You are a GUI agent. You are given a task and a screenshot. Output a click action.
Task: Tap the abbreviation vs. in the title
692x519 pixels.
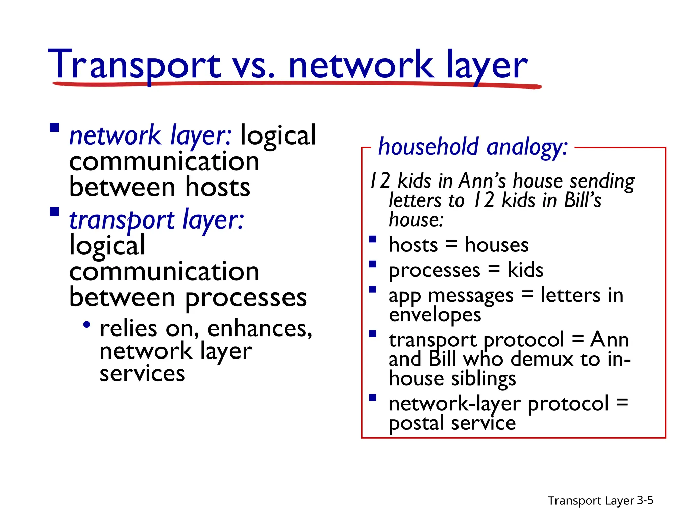pyautogui.click(x=254, y=66)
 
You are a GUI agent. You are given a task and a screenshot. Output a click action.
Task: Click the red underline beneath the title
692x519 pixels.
pyautogui.click(x=297, y=83)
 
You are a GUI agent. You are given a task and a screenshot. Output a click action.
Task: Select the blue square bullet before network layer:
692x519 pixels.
pyautogui.click(x=54, y=128)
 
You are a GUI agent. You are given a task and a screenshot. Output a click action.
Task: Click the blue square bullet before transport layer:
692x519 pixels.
pyautogui.click(x=54, y=212)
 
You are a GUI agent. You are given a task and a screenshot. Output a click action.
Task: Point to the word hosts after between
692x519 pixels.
pyautogui.click(x=218, y=188)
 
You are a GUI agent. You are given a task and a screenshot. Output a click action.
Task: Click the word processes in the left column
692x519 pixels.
pyautogui.click(x=246, y=298)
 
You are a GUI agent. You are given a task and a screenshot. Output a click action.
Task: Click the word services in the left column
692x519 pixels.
pyautogui.click(x=142, y=374)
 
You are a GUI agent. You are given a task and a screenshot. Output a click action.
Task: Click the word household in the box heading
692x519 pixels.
pyautogui.click(x=428, y=147)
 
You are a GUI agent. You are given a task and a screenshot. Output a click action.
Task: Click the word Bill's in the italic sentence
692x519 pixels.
pyautogui.click(x=583, y=200)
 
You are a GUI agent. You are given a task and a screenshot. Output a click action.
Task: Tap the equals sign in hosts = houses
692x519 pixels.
pyautogui.click(x=451, y=245)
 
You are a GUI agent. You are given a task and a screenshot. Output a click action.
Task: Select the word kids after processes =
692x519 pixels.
pyautogui.click(x=525, y=270)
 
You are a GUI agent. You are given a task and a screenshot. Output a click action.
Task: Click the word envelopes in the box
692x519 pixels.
pyautogui.click(x=435, y=315)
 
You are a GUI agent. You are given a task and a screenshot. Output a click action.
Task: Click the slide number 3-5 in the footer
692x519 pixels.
pyautogui.click(x=645, y=500)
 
